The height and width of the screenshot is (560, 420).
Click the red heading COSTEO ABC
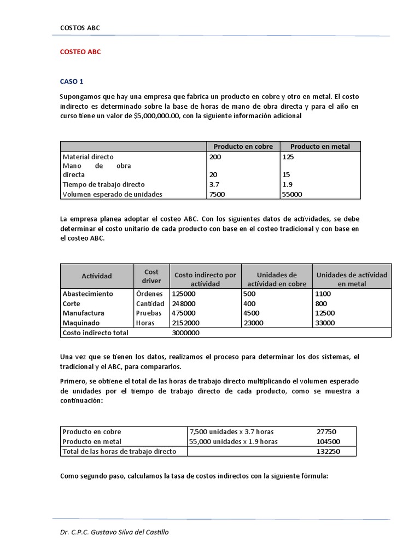[x=80, y=52]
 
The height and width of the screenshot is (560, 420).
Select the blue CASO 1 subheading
[x=71, y=81]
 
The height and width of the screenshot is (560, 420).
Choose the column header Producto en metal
[x=320, y=147]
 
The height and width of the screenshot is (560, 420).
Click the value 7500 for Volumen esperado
[x=217, y=194]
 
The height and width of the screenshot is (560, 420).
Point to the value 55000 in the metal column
[x=292, y=194]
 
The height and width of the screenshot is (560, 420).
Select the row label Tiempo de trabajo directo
[x=103, y=184]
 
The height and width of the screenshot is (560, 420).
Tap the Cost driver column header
[x=151, y=276]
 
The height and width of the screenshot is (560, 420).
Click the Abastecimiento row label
[x=88, y=294]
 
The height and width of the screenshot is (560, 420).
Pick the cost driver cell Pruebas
[x=149, y=313]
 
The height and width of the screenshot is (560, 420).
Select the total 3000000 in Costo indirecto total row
[x=185, y=332]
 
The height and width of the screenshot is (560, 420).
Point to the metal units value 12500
[x=326, y=313]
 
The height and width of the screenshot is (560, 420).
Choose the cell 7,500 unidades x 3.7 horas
[x=231, y=431]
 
